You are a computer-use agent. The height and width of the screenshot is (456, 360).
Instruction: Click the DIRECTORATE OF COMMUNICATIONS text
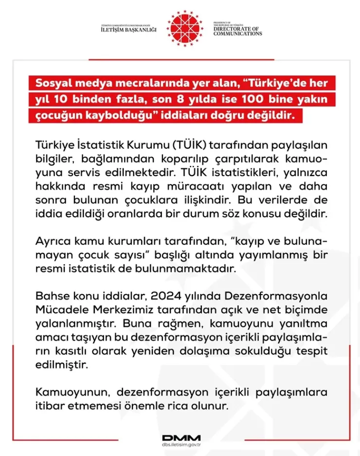237,31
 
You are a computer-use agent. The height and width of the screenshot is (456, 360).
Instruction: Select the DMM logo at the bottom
180,437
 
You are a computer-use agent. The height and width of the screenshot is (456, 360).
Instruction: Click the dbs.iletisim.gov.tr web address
180,445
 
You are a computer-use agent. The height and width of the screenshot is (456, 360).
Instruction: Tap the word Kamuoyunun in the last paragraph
66,391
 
